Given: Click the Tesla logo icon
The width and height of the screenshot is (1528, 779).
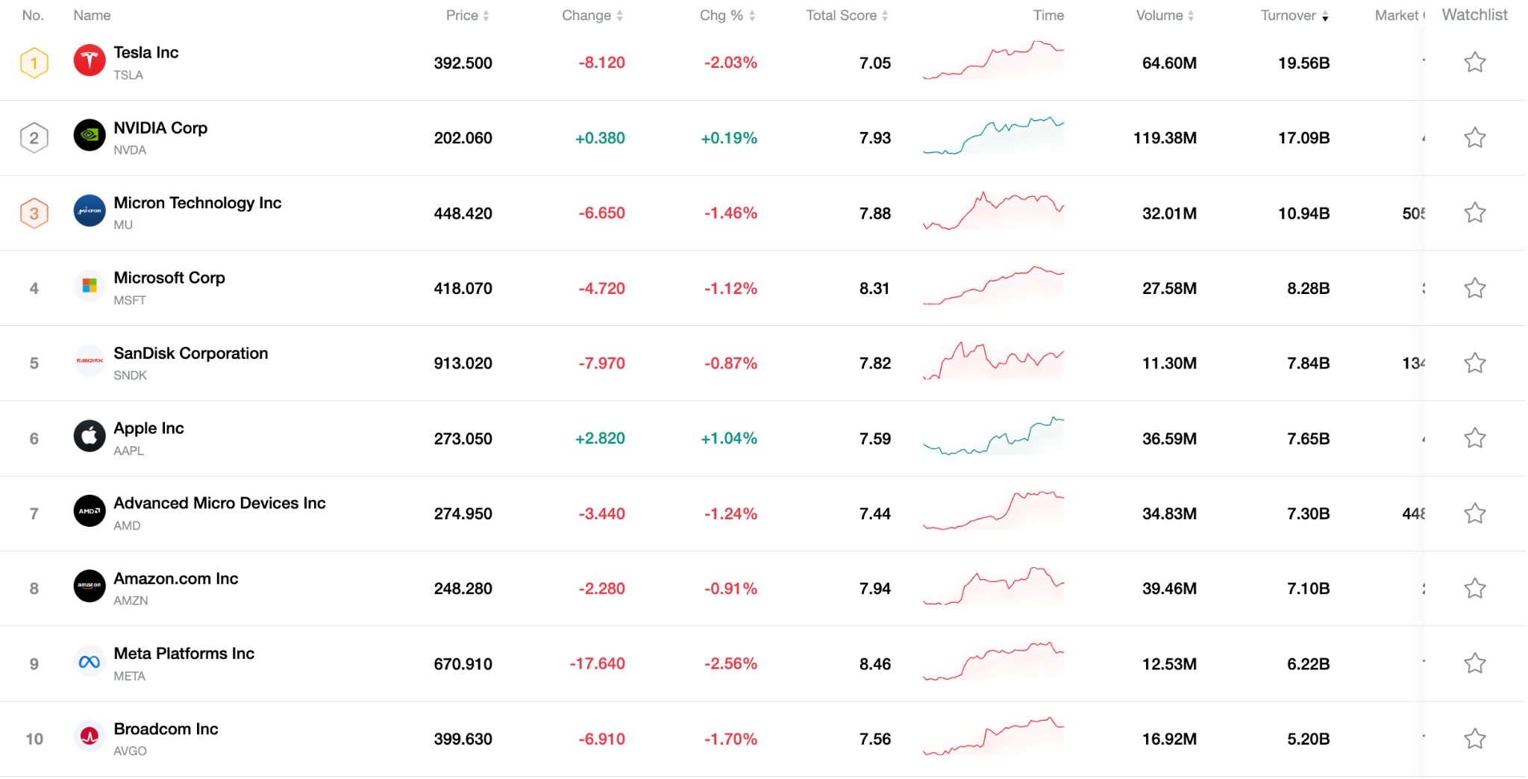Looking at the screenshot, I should coord(90,60).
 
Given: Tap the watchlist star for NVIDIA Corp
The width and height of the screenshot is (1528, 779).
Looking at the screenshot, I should coord(1474,138).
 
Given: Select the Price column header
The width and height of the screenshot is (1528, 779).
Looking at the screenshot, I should coord(462,16).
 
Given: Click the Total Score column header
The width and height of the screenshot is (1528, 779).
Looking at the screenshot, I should coord(841,16).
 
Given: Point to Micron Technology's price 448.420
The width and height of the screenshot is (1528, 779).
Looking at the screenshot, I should coord(463,213).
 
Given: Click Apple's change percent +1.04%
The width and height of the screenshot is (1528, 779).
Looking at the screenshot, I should coord(728,439).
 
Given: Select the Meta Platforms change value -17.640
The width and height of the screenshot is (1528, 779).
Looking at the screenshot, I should coord(597,664).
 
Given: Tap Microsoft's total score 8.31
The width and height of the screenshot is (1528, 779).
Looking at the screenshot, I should coord(874,289).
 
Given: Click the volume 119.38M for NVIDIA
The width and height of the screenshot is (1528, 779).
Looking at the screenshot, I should coord(1165,138).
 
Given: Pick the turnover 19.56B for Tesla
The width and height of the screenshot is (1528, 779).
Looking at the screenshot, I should coord(1303,63).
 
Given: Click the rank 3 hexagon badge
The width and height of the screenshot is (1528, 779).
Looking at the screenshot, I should coord(34,213).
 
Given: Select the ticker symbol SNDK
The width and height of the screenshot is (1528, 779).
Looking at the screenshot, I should coord(130,375).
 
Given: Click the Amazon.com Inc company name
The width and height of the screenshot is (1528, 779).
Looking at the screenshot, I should coord(175,579).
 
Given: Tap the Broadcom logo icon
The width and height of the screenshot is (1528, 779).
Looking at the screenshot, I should coord(90,736).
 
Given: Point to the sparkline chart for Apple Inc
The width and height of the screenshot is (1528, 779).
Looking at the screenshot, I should coord(993,437).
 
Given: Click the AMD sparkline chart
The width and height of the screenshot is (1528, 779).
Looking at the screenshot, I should coord(993,511).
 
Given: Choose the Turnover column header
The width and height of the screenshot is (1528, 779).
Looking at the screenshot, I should coord(1289,16).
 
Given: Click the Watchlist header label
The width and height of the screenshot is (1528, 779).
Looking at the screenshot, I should coord(1474,15).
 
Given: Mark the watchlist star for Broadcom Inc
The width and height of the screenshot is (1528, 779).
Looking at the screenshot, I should coord(1474,739).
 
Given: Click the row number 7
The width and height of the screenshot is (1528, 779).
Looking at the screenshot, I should coord(34,514).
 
